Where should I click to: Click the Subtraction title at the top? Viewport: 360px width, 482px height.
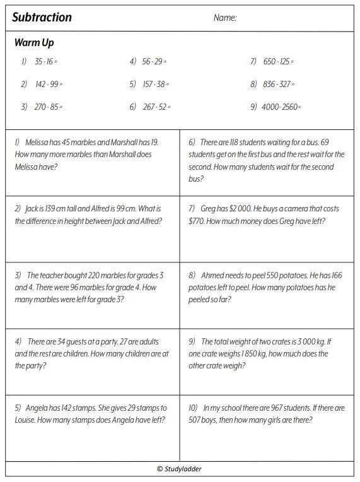coord(42,18)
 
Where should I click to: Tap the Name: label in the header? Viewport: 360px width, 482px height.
coord(225,18)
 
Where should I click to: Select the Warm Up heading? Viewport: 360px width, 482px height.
coord(34,44)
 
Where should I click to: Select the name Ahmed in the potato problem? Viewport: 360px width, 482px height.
coord(214,276)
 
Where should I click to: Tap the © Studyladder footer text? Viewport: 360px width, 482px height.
coord(180,469)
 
